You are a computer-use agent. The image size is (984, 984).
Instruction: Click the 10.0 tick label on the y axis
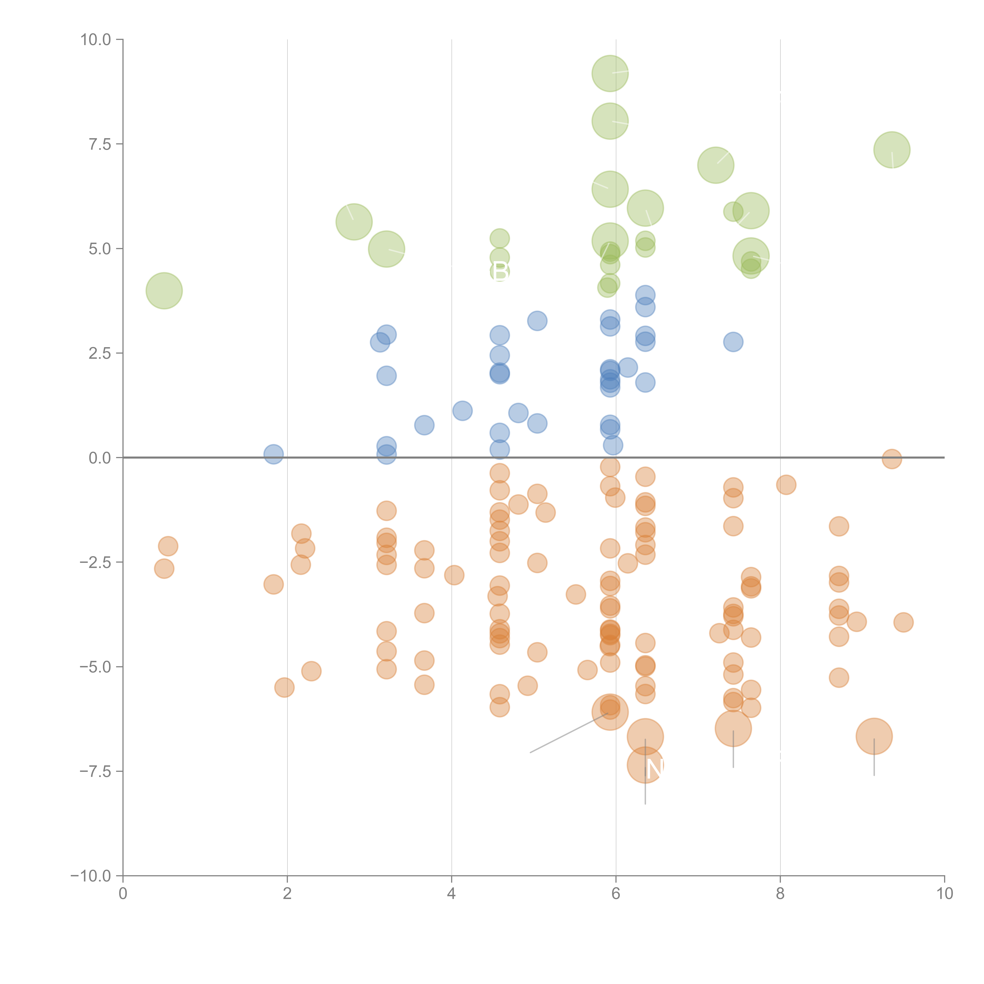(x=96, y=40)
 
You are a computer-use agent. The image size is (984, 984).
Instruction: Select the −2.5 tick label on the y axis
(x=96, y=562)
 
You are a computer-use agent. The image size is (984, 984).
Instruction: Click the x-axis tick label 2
(x=287, y=894)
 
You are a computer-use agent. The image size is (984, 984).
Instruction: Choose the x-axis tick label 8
(x=780, y=894)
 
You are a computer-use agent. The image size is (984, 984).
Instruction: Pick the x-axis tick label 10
(x=944, y=894)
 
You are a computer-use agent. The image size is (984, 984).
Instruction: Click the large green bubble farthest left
(x=164, y=290)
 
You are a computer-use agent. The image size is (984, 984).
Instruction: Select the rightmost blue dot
(x=733, y=342)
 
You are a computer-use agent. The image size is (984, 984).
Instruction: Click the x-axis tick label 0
(x=123, y=894)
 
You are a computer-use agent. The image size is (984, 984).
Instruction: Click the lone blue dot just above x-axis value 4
(x=462, y=411)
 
